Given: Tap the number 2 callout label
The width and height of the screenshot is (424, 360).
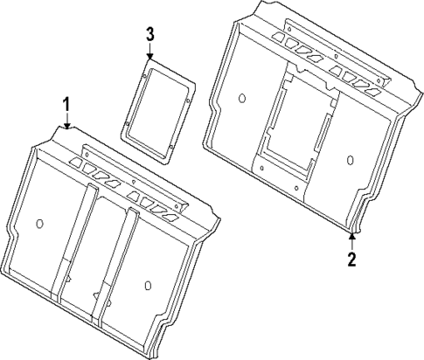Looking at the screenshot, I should tap(351, 260).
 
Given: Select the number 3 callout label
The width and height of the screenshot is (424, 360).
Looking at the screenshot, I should tap(150, 34).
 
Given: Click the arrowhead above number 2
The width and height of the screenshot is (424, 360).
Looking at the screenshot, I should tap(351, 236).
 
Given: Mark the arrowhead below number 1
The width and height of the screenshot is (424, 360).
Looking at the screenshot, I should tap(66, 127).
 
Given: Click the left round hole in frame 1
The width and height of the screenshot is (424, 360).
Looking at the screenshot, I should tap(38, 223).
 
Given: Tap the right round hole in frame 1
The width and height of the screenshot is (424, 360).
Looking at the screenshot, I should tap(147, 284).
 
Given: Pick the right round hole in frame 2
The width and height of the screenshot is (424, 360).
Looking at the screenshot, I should tap(350, 160).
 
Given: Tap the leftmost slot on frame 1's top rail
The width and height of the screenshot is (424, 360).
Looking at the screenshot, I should tap(76, 163).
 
